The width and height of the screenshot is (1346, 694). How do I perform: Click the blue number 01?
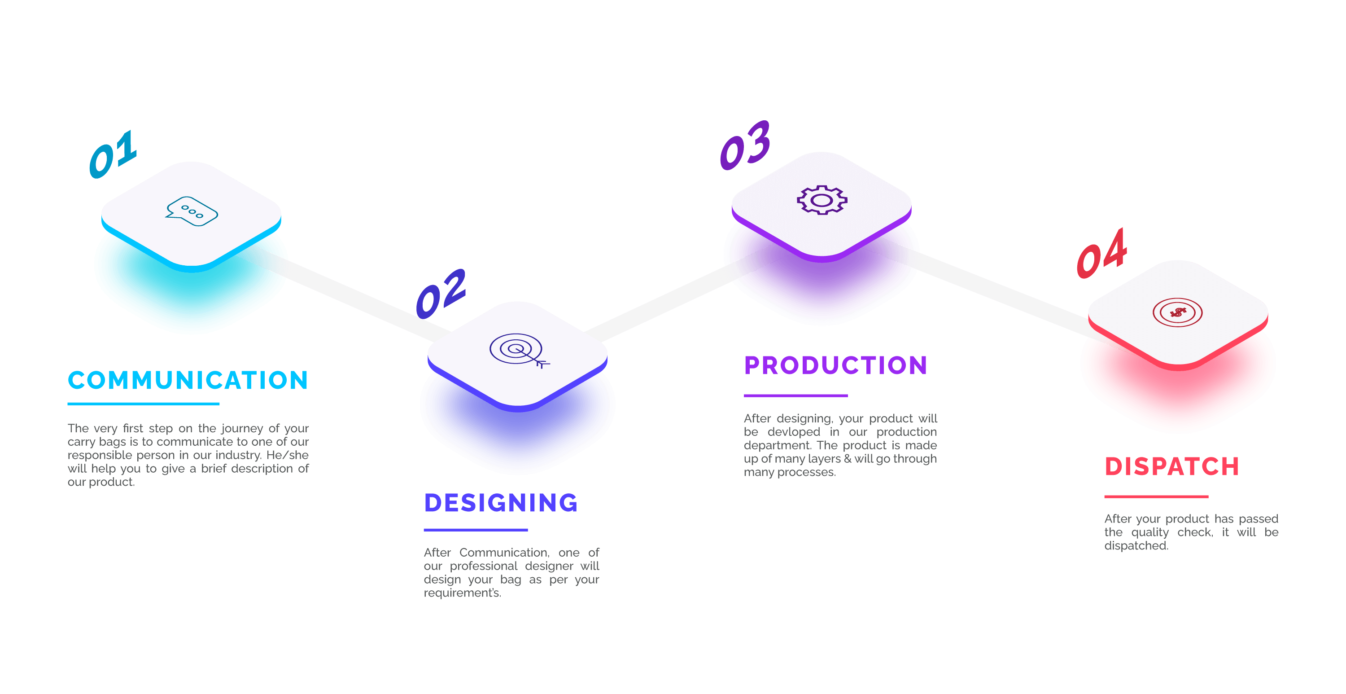pos(113,154)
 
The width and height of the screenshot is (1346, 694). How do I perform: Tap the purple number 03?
pos(745,145)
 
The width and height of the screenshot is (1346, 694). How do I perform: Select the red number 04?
pos(1102,254)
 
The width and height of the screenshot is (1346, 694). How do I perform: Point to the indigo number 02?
pos(441,294)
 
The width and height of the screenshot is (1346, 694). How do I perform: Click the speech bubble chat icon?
pos(191,212)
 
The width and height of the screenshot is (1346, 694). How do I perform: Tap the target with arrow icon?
pos(519,350)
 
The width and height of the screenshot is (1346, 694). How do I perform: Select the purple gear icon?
pos(822,200)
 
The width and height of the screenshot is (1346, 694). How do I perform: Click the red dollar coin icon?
pos(1177,313)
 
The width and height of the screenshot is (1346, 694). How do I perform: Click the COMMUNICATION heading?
pos(188,380)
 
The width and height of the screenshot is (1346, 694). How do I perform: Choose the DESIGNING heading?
pos(501,503)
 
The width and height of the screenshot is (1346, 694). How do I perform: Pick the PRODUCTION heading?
pos(835,365)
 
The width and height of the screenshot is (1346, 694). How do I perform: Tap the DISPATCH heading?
pos(1171,466)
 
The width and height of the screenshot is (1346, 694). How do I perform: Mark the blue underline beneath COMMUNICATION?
pos(143,404)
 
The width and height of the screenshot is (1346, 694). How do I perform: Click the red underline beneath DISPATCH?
pos(1156,496)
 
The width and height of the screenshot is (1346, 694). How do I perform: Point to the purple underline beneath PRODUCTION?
pos(795,395)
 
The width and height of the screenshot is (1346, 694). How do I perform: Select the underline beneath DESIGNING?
pos(476,530)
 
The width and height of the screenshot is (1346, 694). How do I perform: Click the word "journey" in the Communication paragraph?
pos(242,428)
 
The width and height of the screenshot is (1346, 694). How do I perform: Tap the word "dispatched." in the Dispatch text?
pos(1136,546)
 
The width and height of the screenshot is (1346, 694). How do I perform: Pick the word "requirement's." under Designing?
pos(462,593)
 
